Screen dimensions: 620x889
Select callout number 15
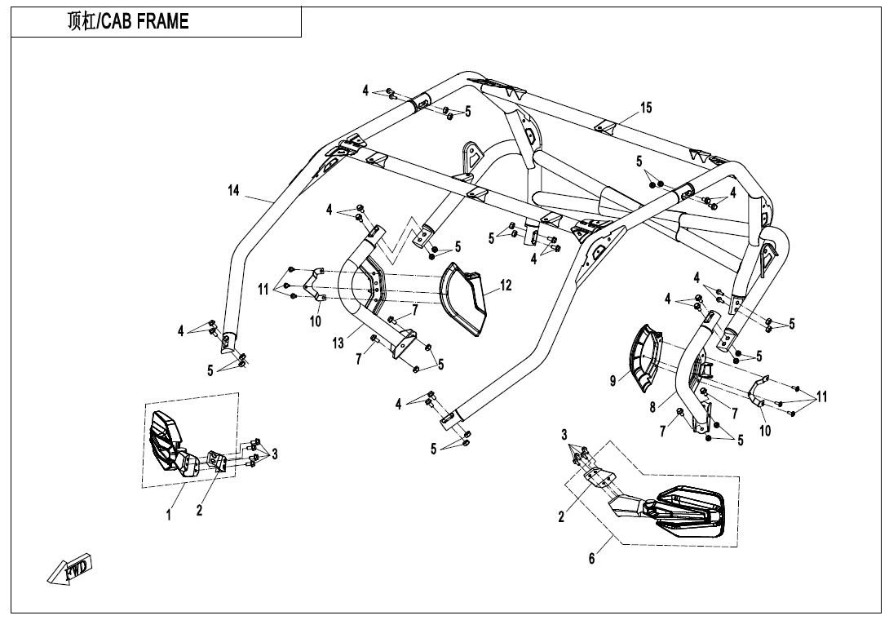click(x=646, y=108)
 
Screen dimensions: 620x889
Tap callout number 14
click(x=234, y=191)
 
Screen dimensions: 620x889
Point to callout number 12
click(x=506, y=286)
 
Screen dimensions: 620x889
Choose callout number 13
click(x=338, y=343)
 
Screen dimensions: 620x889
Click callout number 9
click(x=613, y=379)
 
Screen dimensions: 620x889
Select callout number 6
click(x=592, y=558)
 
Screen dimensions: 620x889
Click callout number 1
click(x=169, y=515)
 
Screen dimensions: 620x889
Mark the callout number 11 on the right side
click(x=821, y=397)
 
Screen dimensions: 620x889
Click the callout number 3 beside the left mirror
click(x=275, y=454)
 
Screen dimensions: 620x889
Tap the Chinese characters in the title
click(x=80, y=22)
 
